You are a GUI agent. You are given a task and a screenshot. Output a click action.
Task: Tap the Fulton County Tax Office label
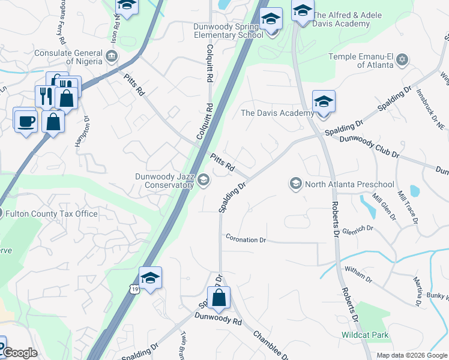coord(52,214)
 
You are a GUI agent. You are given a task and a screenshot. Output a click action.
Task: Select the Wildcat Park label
coord(364,335)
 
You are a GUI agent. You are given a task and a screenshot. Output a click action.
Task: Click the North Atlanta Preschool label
coord(349,184)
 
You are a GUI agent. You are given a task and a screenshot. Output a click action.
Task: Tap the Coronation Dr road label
coord(246,239)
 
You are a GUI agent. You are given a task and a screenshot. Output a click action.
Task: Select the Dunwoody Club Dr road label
coord(369,146)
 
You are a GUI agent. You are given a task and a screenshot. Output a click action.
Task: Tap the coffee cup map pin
coord(25,120)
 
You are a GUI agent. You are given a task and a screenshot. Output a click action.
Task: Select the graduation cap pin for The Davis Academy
coord(324,101)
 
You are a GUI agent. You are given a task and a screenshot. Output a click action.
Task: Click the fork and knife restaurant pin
coord(46,95)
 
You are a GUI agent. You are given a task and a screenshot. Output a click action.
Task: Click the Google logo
coord(19,353)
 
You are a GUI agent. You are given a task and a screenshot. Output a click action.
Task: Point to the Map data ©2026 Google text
coord(412,355)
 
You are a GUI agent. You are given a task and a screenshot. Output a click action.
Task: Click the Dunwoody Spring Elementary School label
coord(228,31)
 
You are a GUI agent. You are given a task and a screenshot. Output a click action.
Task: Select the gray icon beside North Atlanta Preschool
coord(295,184)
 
